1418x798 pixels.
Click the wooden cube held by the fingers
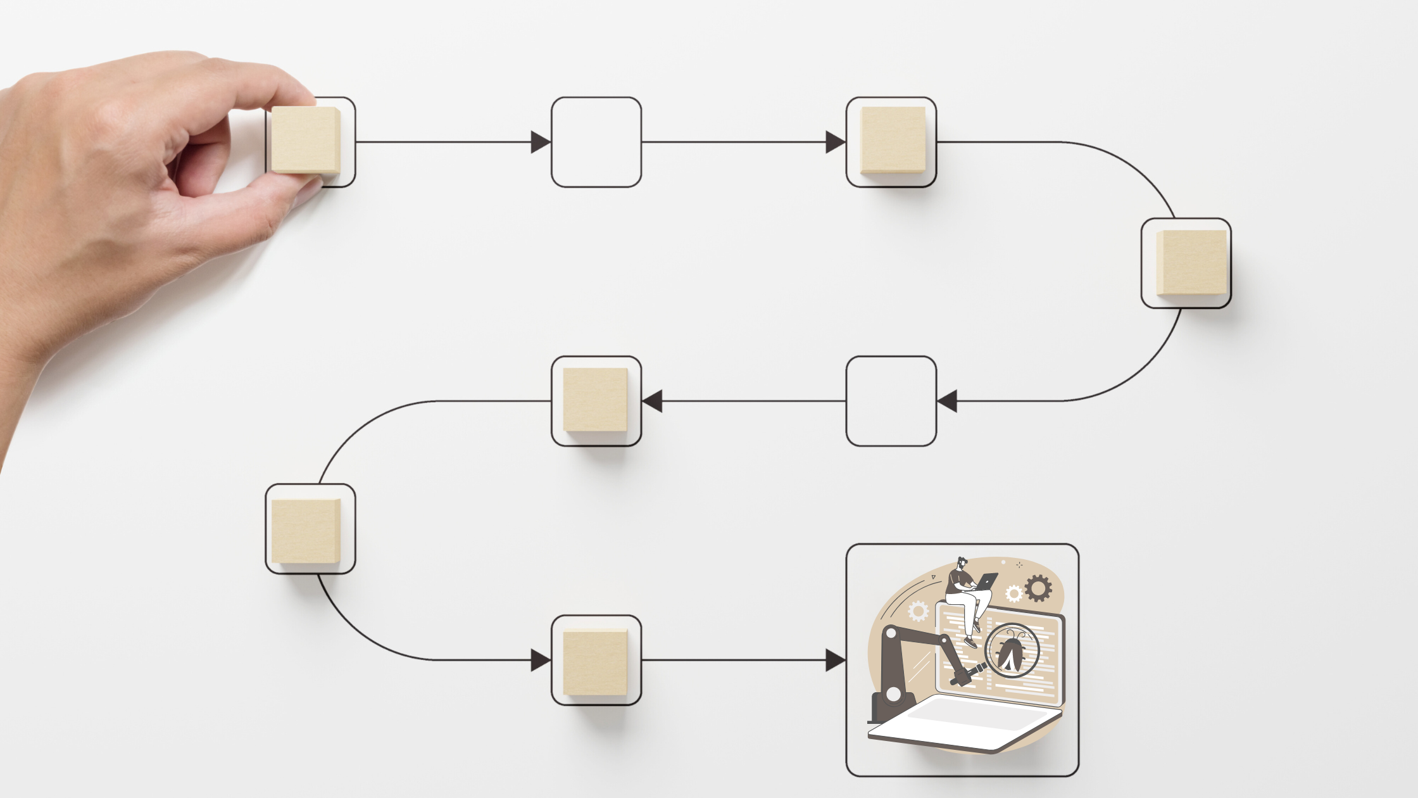tap(305, 140)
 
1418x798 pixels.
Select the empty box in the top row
tap(596, 142)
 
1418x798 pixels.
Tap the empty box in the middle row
tap(891, 401)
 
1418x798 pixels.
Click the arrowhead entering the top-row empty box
tap(540, 142)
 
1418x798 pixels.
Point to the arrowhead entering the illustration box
tap(835, 660)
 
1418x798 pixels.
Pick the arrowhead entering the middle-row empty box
tap(947, 401)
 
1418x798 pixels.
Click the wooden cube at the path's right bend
tap(1191, 262)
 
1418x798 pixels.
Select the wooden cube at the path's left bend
tap(306, 531)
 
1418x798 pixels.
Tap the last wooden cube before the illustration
tap(595, 662)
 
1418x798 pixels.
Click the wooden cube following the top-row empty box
tap(893, 140)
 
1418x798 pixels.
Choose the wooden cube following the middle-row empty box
tap(595, 400)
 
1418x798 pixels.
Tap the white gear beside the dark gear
tap(1013, 593)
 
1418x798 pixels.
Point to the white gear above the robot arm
tap(918, 611)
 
